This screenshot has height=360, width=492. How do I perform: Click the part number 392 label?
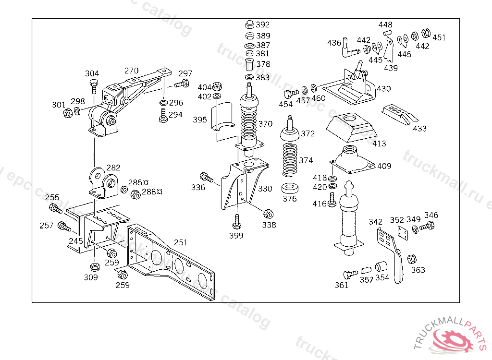(x=263, y=24)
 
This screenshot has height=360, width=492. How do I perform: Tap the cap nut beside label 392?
(x=249, y=24)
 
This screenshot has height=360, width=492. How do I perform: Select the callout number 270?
(x=132, y=71)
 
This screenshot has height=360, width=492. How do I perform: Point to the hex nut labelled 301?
(x=68, y=113)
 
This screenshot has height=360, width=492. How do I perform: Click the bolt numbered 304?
(x=93, y=88)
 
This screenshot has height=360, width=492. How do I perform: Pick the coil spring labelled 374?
(x=290, y=159)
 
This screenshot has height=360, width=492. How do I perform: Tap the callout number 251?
(x=181, y=242)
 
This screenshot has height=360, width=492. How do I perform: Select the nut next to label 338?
(x=268, y=213)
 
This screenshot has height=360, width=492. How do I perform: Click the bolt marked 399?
(x=236, y=222)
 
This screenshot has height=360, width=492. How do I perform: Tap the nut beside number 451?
(x=426, y=34)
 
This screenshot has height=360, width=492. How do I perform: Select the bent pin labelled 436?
(x=348, y=48)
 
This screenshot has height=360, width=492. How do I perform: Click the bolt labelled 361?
(x=350, y=274)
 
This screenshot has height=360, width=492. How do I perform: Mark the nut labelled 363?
(x=412, y=259)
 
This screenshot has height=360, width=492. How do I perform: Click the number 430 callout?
(x=383, y=89)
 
